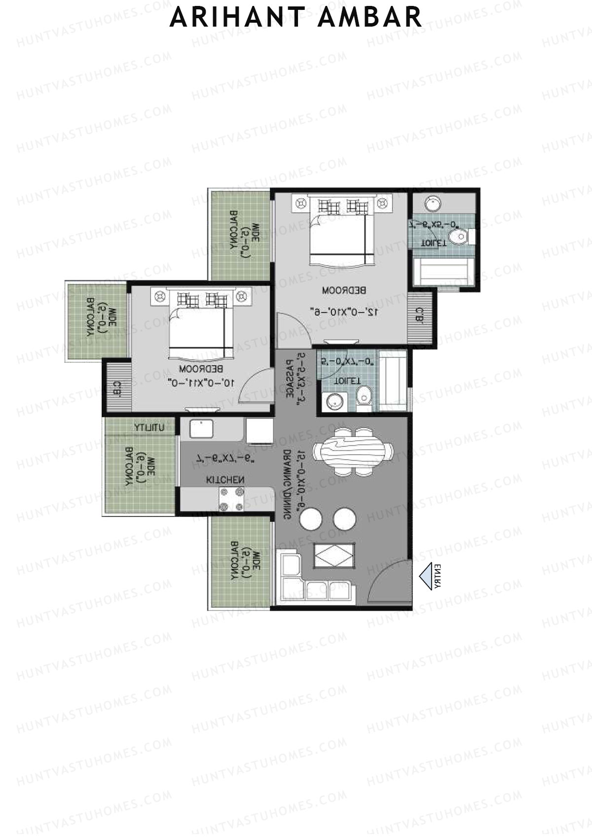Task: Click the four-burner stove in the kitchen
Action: pyautogui.click(x=231, y=499)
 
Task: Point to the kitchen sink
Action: pyautogui.click(x=201, y=429)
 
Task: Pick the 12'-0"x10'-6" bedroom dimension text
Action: pyautogui.click(x=344, y=312)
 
